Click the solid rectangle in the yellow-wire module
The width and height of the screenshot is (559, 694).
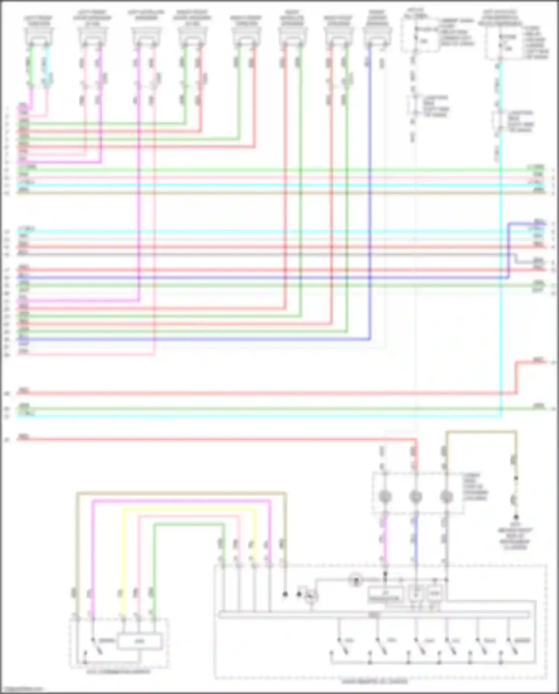coord(139,641)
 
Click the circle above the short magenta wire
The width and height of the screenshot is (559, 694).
coord(385,496)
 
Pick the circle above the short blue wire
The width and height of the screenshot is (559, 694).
coord(416,496)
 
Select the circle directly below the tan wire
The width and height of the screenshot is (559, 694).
coord(446,496)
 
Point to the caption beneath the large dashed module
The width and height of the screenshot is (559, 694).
coord(375,682)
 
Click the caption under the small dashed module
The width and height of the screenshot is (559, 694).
coord(119,672)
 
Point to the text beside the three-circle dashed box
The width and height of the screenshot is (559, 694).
coord(475,487)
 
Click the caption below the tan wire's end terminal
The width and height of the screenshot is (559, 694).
coord(516,538)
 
